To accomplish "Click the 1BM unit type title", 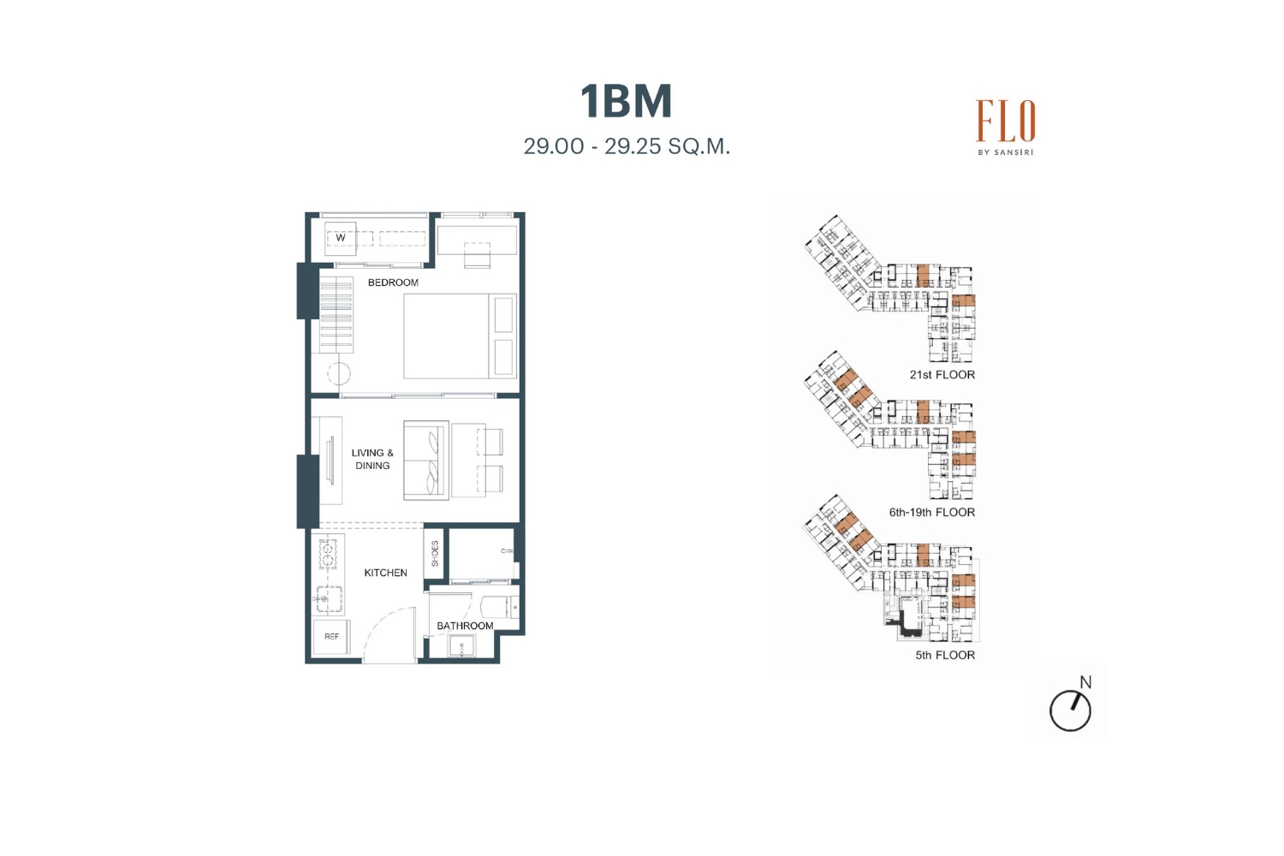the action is pos(626,102).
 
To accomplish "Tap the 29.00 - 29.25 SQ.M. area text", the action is pos(627,146).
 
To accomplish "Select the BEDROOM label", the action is pos(393,282).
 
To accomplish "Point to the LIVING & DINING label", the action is pos(372,460).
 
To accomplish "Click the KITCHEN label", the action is pos(386,573).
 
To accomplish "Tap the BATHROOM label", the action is pos(465,626).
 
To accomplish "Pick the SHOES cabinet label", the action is pos(435,553).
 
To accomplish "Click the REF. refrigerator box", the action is pos(330,636).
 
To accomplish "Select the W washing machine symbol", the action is pos(341,238).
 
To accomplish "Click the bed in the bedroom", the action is pos(460,336).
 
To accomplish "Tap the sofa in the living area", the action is pos(426,461).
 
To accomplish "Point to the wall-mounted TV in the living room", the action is pos(330,461).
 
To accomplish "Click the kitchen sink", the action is pos(329,598).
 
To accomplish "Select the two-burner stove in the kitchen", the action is pos(329,553).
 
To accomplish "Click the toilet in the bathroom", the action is pos(499,608).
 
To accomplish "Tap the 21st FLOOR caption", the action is pos(942,375).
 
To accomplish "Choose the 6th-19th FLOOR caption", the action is pos(932,513).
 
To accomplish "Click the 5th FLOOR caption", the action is pos(945,656).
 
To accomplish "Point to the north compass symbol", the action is pos(1070,706).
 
